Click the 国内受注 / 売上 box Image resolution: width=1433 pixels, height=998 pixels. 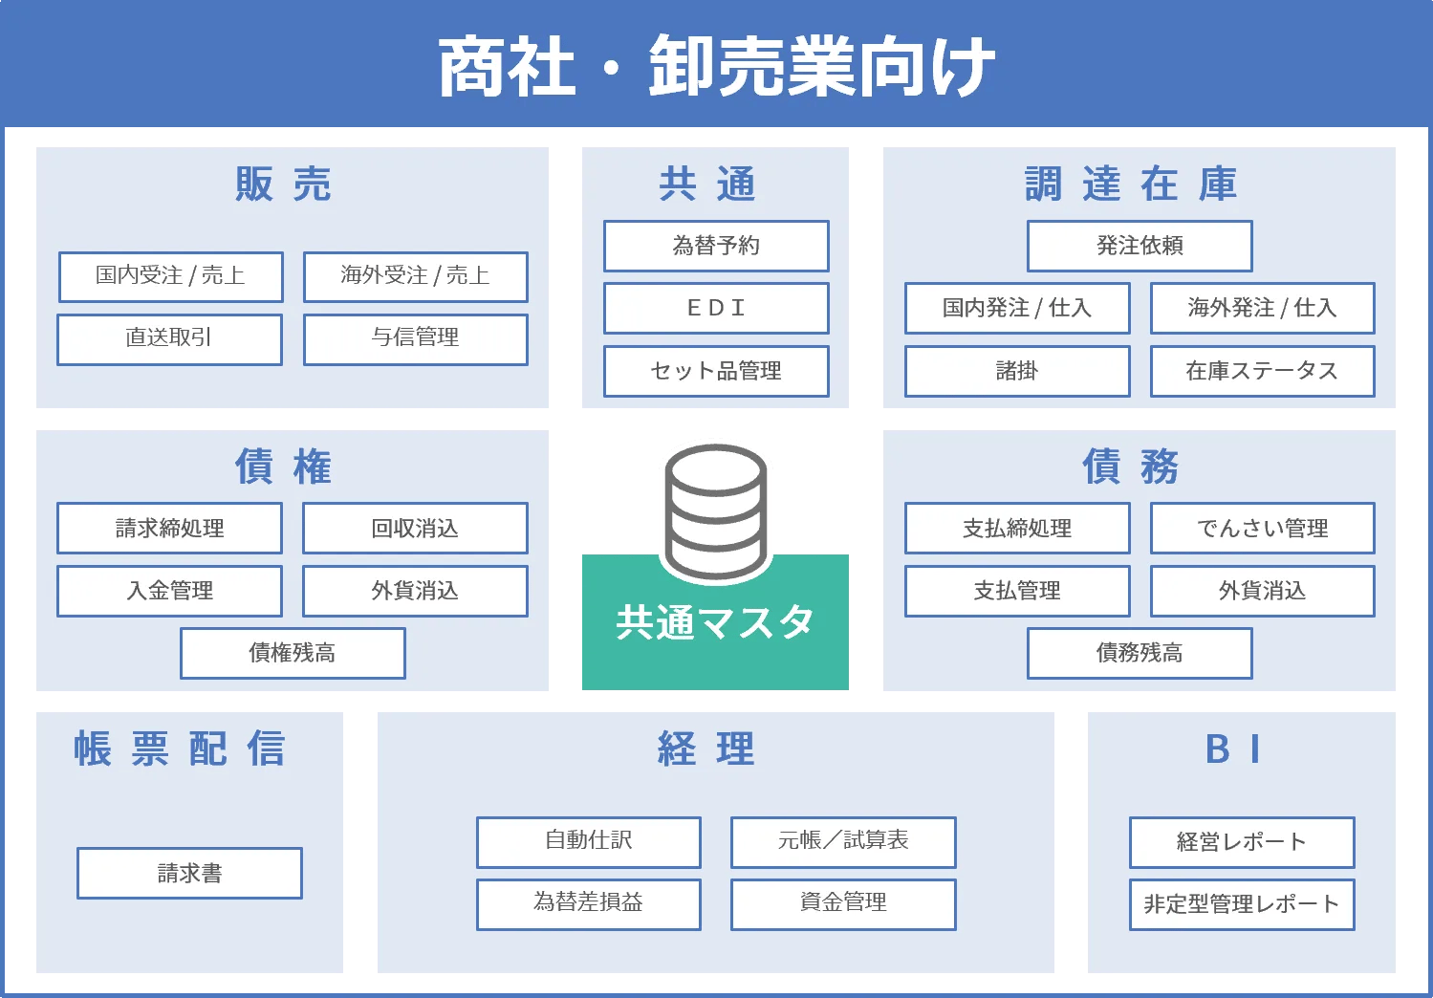[170, 276]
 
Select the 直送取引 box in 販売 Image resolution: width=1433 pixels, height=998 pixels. [169, 338]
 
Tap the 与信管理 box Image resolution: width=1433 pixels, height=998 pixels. [415, 338]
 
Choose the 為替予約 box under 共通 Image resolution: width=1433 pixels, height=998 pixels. [716, 246]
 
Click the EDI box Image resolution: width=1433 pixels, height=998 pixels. [716, 308]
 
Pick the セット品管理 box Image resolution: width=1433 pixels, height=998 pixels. [716, 371]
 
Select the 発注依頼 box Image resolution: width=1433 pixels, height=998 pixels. [1140, 246]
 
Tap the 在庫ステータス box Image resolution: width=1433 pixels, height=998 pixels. [1262, 371]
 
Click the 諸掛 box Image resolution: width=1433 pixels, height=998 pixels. [1017, 371]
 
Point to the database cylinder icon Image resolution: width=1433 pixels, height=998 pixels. [716, 511]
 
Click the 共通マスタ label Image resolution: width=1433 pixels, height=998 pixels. [715, 622]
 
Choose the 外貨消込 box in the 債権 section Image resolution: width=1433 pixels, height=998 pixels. [415, 591]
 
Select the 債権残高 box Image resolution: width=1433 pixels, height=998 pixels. [293, 653]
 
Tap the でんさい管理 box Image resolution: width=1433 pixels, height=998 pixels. [1262, 528]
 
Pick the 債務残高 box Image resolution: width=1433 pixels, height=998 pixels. [1140, 653]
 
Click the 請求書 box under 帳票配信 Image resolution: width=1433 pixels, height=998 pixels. [189, 873]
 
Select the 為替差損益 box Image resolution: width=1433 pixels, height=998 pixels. [588, 903]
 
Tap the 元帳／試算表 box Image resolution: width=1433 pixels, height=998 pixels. [843, 841]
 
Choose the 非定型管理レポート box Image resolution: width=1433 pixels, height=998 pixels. [1242, 903]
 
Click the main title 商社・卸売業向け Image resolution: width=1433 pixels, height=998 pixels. [716, 67]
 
